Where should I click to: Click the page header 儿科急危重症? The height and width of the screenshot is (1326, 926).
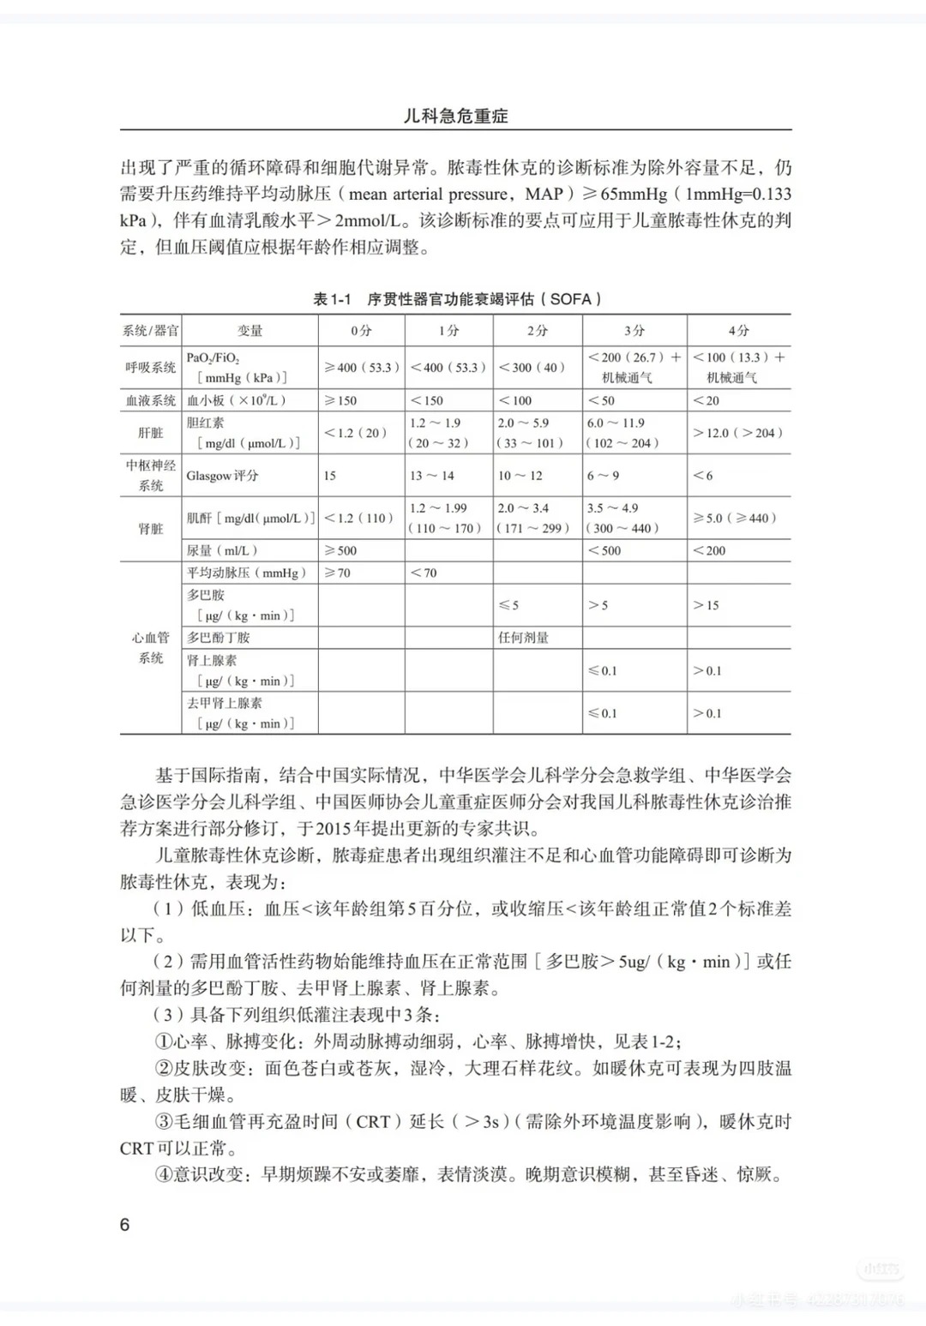point(455,116)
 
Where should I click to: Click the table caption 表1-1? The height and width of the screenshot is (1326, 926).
point(333,299)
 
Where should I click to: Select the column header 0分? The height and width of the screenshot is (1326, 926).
point(361,330)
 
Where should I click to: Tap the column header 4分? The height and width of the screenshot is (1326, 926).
point(738,330)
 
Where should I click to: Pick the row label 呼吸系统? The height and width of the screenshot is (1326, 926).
point(151,368)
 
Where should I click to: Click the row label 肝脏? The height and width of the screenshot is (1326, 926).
point(151,433)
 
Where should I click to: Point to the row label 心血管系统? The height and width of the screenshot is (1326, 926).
point(151,648)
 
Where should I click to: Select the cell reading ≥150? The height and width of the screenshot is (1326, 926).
point(340,400)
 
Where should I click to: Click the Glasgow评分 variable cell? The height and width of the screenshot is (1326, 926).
point(222,476)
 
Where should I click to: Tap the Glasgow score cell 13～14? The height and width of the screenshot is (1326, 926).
point(432,476)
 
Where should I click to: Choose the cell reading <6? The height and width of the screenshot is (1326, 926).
point(703,476)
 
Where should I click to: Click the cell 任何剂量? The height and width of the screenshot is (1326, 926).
point(523,638)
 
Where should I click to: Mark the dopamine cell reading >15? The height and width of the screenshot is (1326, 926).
point(707,605)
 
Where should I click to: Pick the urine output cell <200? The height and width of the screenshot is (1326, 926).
point(710,550)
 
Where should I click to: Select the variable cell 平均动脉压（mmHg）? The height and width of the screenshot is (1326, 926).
point(246,573)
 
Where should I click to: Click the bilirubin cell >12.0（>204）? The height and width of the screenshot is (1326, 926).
point(737,433)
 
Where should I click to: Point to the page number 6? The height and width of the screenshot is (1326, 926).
point(124,1225)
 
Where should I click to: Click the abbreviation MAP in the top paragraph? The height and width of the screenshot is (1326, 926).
point(544,194)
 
